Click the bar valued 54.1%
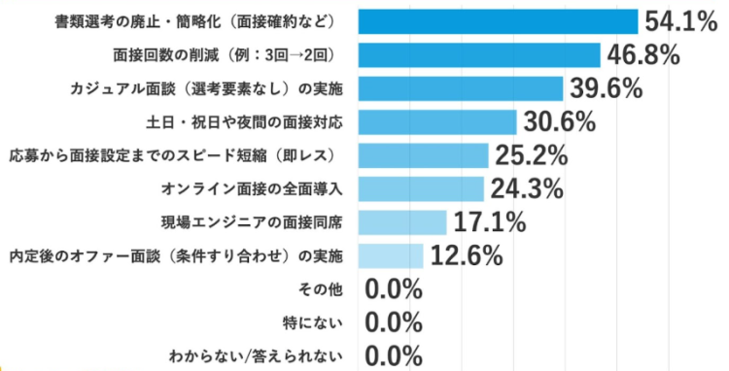pos(497,21)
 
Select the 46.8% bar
pos(479,54)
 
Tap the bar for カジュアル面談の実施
pos(461,88)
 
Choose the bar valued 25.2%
pos(423,155)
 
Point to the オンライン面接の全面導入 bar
pos(421,188)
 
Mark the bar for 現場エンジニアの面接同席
pos(402,222)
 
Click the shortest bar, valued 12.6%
pos(391,255)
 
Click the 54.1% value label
pos(680,21)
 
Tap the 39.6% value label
pos(607,88)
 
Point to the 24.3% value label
pos(526,188)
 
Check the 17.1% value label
pos(489,222)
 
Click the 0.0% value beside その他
pos(394,289)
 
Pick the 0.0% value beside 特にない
pos(394,322)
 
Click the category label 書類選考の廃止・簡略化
pos(195,21)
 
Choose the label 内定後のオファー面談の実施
pos(176,255)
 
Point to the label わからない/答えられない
pos(258,355)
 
